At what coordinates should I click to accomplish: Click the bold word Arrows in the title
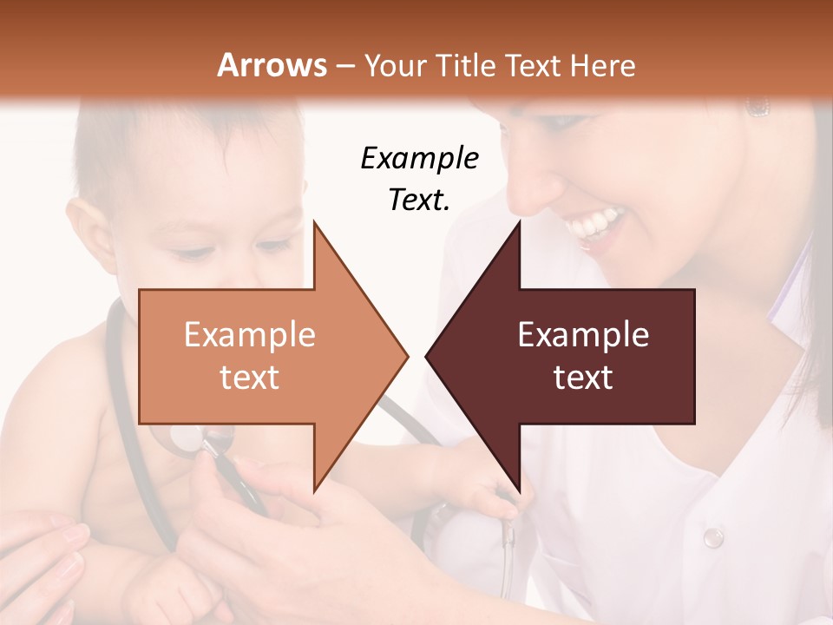coord(272,65)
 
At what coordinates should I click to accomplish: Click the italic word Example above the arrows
coord(419,159)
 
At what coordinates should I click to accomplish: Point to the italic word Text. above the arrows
coord(419,200)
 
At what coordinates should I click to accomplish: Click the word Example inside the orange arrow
coord(249,335)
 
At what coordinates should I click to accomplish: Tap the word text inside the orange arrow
coord(249,378)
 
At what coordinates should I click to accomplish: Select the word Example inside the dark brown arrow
coord(583,335)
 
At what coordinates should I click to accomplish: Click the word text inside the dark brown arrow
coord(583,378)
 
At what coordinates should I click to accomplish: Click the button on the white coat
coord(712,537)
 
